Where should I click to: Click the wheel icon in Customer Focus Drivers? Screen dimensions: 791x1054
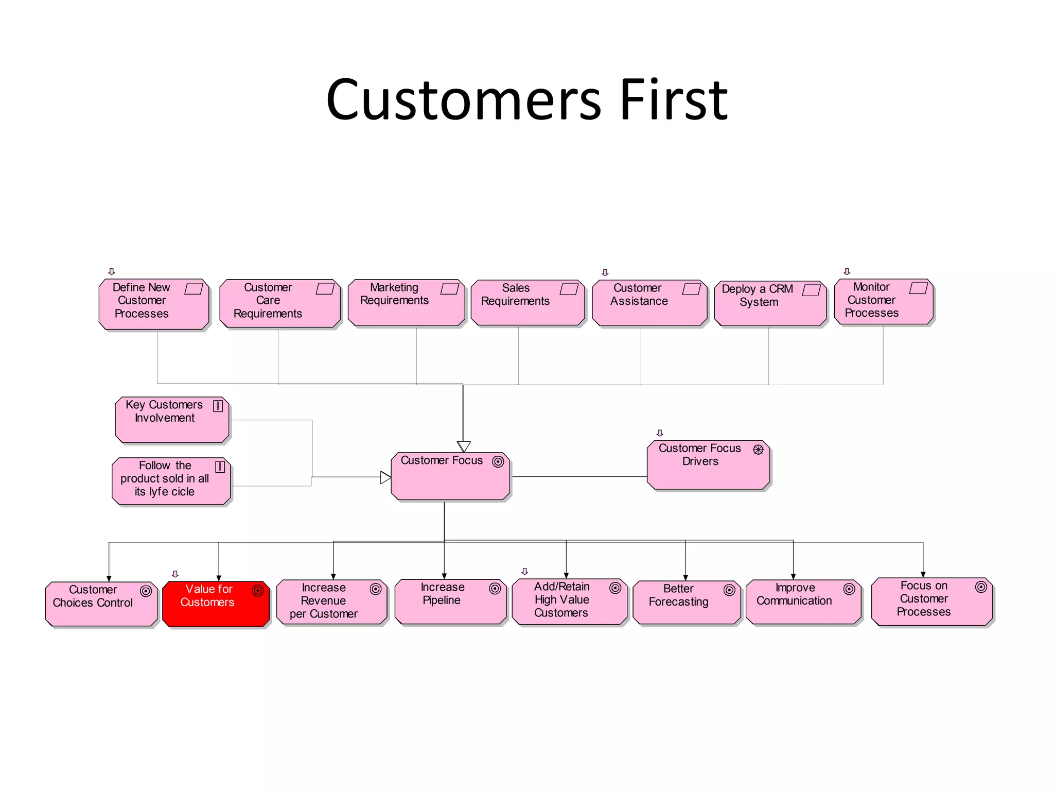(758, 450)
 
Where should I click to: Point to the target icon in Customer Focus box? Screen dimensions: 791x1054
(498, 461)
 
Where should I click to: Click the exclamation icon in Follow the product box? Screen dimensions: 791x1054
(220, 467)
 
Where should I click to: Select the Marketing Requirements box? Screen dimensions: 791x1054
(406, 303)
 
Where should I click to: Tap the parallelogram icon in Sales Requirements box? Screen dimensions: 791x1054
(569, 289)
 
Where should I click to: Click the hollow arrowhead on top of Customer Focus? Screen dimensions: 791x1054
(464, 446)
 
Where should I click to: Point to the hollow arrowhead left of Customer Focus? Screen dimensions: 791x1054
(385, 477)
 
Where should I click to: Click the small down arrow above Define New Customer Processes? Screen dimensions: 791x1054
(112, 271)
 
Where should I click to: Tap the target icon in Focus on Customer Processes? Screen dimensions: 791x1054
(981, 587)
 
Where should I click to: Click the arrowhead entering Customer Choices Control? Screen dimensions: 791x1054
(109, 579)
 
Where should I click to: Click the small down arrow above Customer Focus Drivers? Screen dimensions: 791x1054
(660, 433)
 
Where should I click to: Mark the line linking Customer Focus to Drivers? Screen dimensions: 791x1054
(579, 477)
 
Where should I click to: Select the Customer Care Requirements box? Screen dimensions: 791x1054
(279, 304)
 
